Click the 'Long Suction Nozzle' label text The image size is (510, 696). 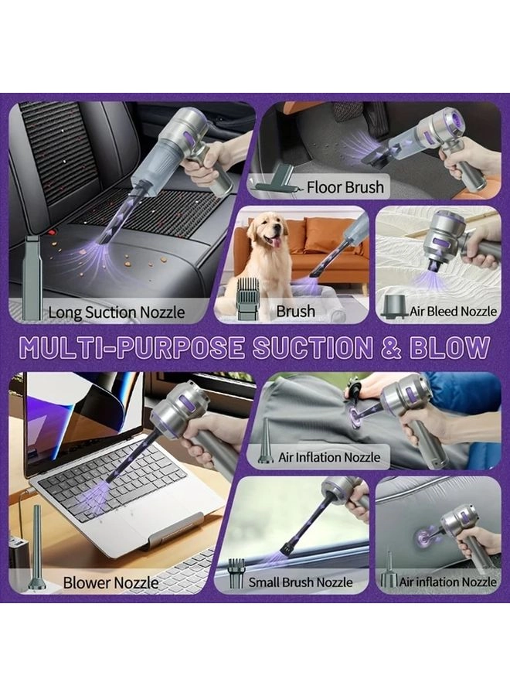pos(117,312)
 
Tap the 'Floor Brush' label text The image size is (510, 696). pos(345,187)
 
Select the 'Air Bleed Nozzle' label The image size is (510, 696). pos(452,312)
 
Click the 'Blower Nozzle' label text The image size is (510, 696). pos(111,582)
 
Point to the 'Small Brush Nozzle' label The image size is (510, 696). pos(300,582)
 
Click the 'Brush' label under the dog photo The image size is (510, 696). pos(296,312)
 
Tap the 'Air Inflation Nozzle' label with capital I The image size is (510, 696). pos(329,457)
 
